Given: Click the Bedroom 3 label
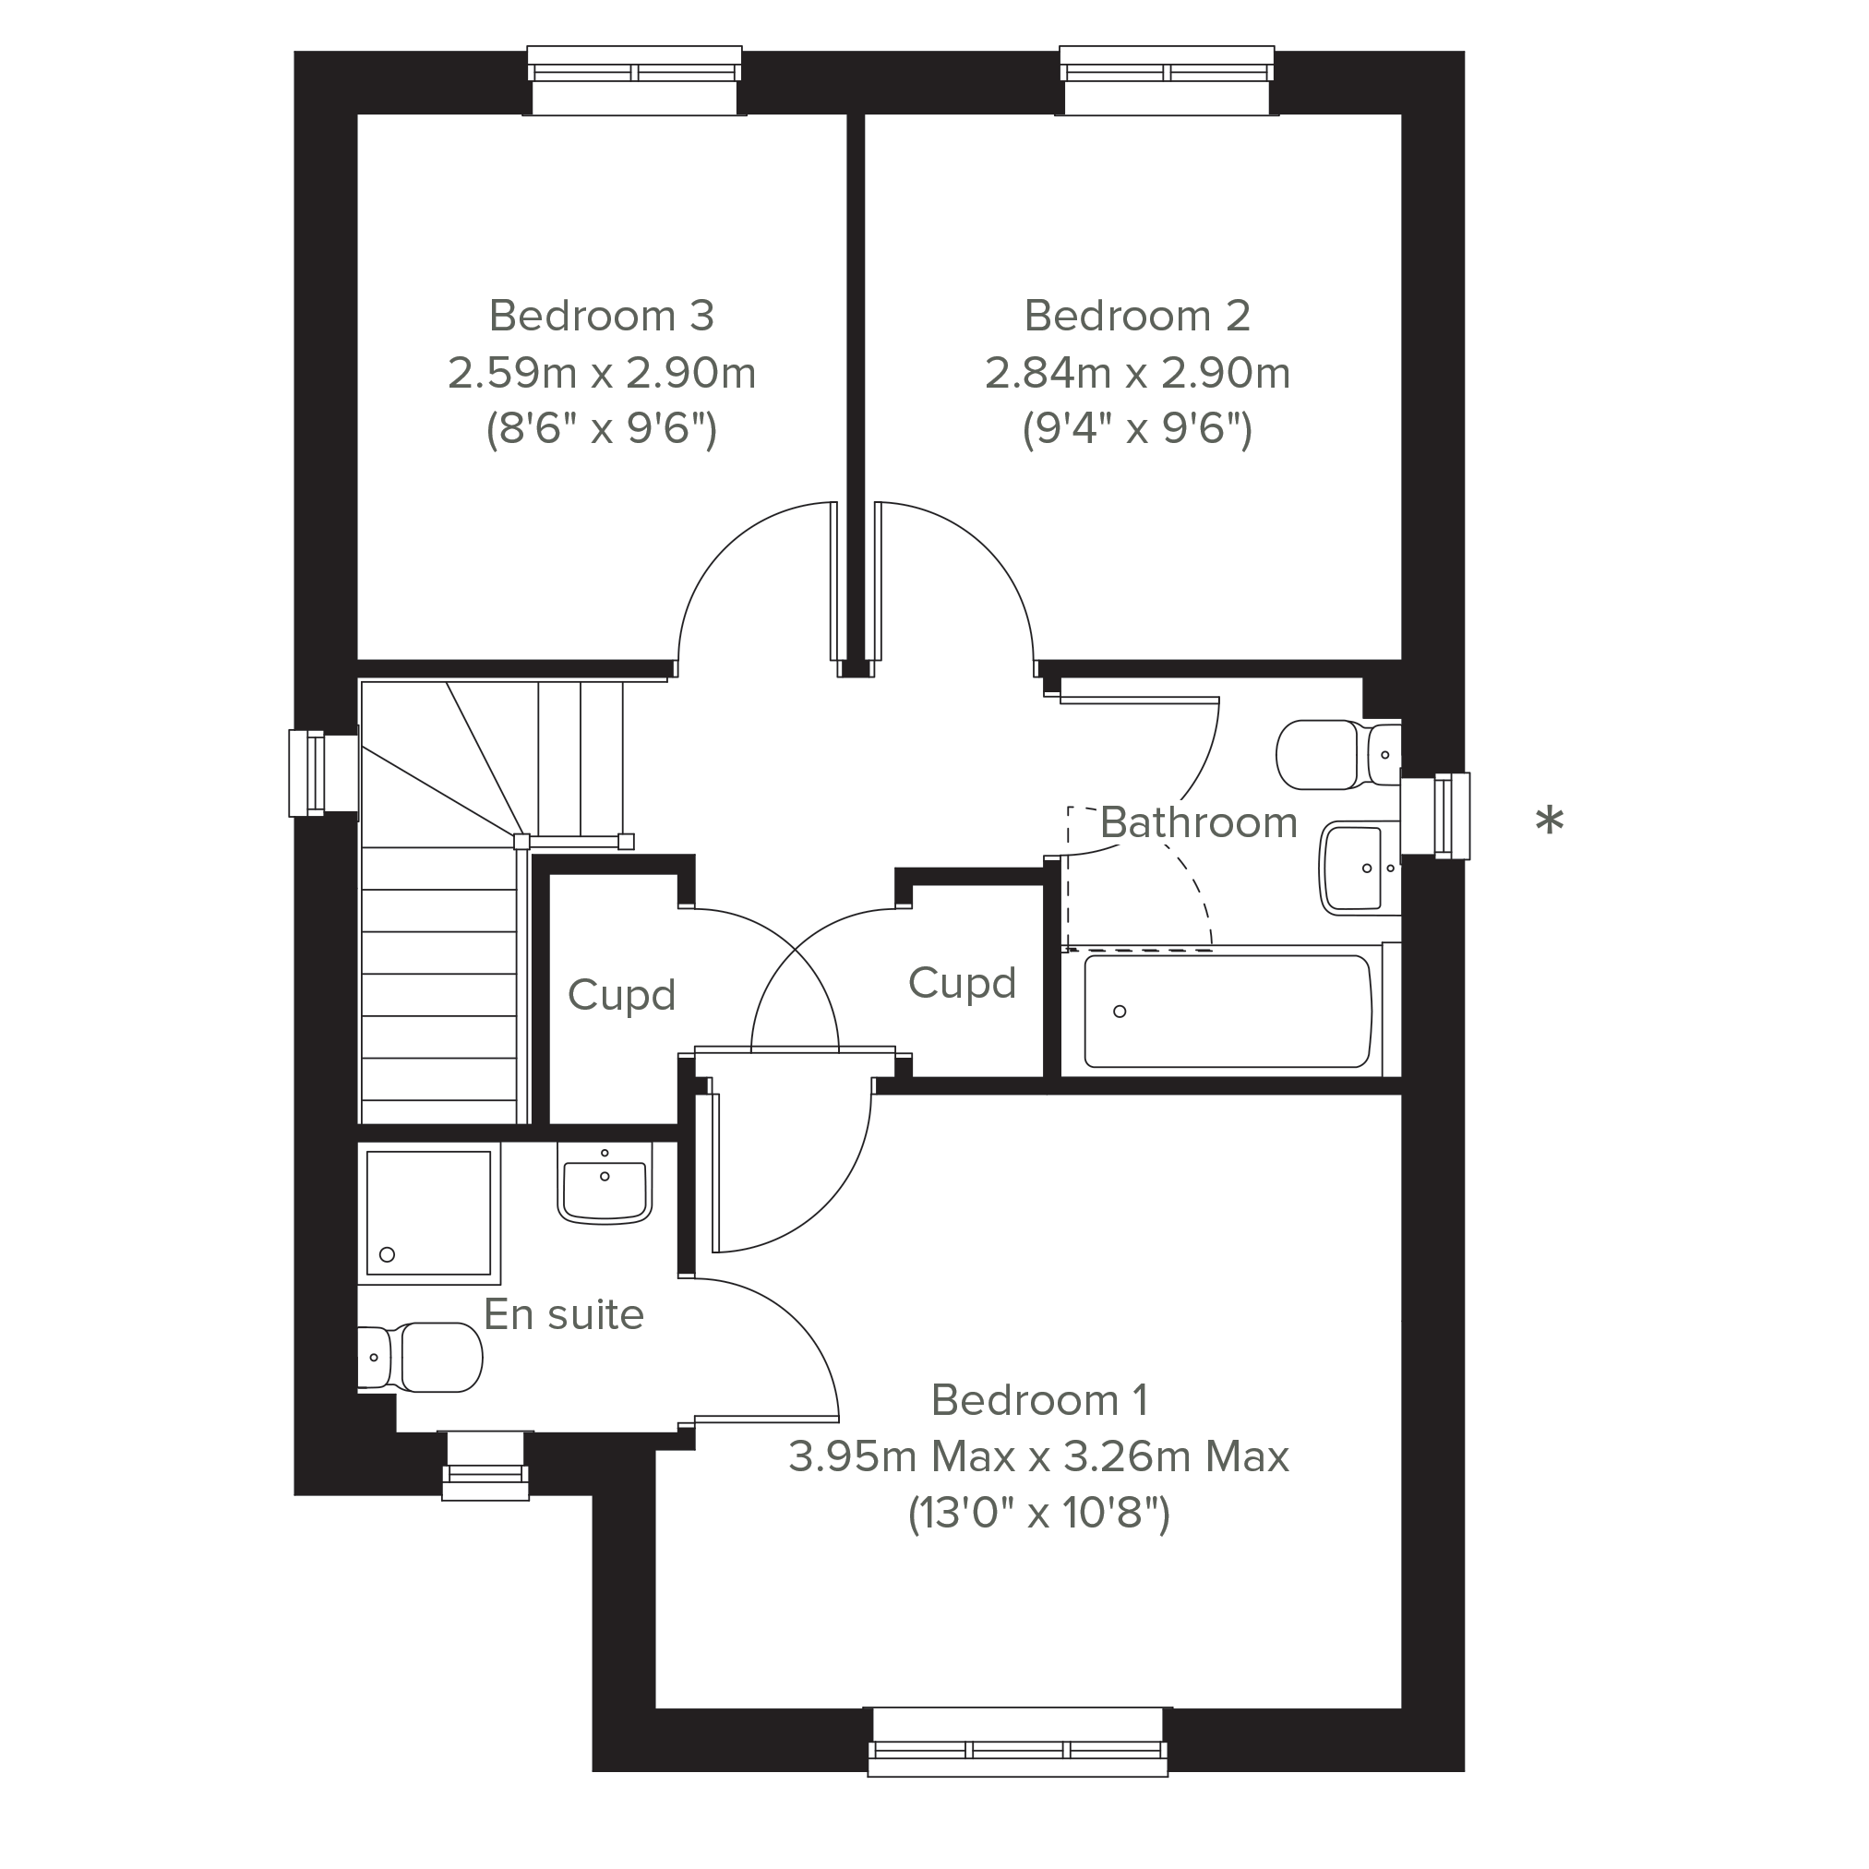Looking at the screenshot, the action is pyautogui.click(x=601, y=316).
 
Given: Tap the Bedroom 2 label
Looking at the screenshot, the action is pyautogui.click(x=1137, y=316).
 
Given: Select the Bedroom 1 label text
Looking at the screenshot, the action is pyautogui.click(x=1040, y=1400).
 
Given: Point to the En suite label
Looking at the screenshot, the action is pyautogui.click(x=564, y=1313).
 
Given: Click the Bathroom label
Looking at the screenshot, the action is pyautogui.click(x=1199, y=822).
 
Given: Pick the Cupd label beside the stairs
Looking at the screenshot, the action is pyautogui.click(x=621, y=996).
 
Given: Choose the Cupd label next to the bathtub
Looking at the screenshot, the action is pyautogui.click(x=962, y=983).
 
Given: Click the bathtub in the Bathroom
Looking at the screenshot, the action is pyautogui.click(x=1227, y=1011).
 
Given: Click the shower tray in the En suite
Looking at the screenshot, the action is pyautogui.click(x=428, y=1212).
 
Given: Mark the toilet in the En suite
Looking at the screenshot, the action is pyautogui.click(x=420, y=1358).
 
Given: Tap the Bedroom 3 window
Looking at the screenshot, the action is pyautogui.click(x=635, y=80).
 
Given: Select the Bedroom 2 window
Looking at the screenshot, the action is pyautogui.click(x=1167, y=80).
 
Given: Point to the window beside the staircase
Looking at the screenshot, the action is pyautogui.click(x=323, y=773).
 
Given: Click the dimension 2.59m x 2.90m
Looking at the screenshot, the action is pyautogui.click(x=601, y=374).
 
